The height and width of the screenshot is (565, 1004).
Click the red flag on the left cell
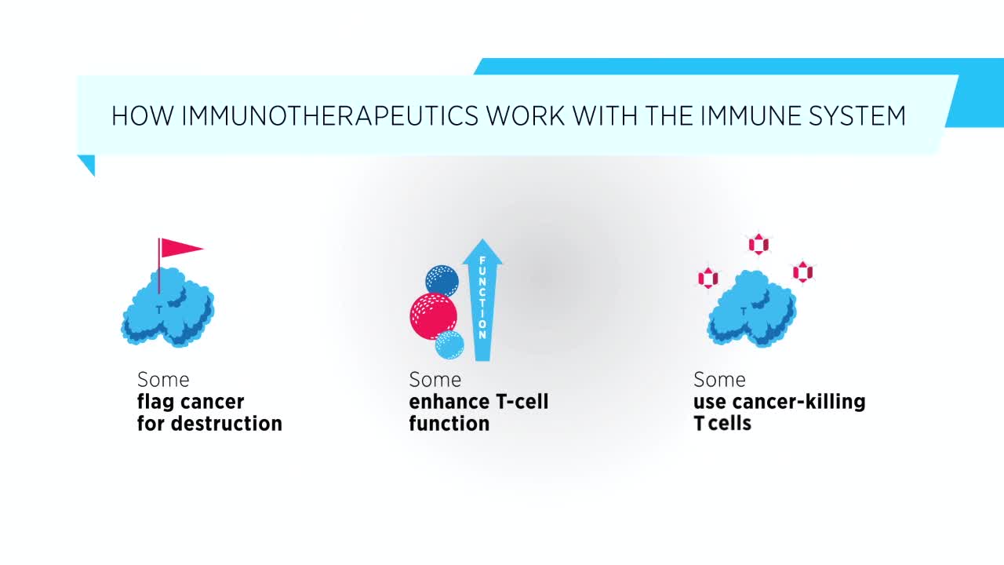pyautogui.click(x=181, y=248)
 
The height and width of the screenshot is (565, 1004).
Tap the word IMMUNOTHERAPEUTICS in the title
pyautogui.click(x=330, y=115)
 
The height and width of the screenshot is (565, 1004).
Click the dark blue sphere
pyautogui.click(x=442, y=281)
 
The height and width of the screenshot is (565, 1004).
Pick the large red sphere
pyautogui.click(x=434, y=316)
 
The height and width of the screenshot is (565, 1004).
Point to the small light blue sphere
pyautogui.click(x=449, y=344)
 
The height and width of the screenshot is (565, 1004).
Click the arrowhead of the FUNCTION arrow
pyautogui.click(x=482, y=251)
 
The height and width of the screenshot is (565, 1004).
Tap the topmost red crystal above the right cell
pyautogui.click(x=758, y=244)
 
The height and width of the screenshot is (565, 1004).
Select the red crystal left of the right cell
pyautogui.click(x=708, y=278)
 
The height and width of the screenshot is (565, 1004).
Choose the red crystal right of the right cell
pyautogui.click(x=802, y=272)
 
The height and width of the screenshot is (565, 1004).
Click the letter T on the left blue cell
pyautogui.click(x=159, y=309)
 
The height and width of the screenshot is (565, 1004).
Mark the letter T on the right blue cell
pyautogui.click(x=744, y=310)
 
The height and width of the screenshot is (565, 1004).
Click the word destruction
pyautogui.click(x=227, y=423)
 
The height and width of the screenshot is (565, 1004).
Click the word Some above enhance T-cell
pyautogui.click(x=435, y=380)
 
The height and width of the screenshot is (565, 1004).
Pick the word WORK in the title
pyautogui.click(x=526, y=115)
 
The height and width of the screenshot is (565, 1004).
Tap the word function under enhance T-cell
pyautogui.click(x=449, y=423)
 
